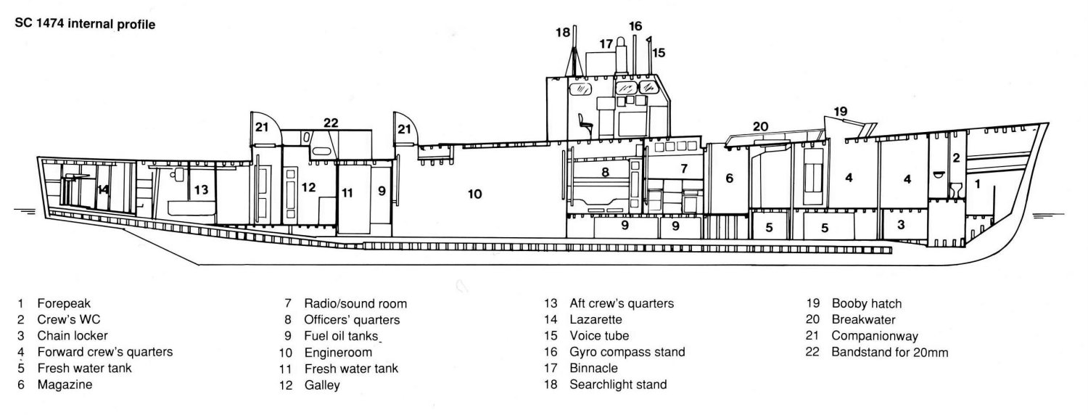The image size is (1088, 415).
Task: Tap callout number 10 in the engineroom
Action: coord(474,194)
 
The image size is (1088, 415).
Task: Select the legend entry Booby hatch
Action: coord(867,303)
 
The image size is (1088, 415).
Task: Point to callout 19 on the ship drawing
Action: coord(840,112)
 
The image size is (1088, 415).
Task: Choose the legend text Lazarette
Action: coord(597,319)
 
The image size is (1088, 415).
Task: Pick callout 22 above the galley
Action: coord(331,123)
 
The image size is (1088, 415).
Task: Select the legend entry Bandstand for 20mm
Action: coord(890,353)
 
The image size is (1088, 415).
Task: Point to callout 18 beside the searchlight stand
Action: coord(563,33)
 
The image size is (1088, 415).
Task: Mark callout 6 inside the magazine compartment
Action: coord(729,178)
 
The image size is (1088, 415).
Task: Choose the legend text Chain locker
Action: coord(71,336)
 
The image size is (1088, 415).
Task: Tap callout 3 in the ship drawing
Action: coord(900,224)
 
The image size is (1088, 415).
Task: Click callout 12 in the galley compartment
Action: coord(309,187)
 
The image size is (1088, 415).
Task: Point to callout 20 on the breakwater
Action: coord(759,126)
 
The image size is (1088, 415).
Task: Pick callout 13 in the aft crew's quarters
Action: coord(202,190)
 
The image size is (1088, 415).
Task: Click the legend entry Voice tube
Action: coord(599,336)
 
